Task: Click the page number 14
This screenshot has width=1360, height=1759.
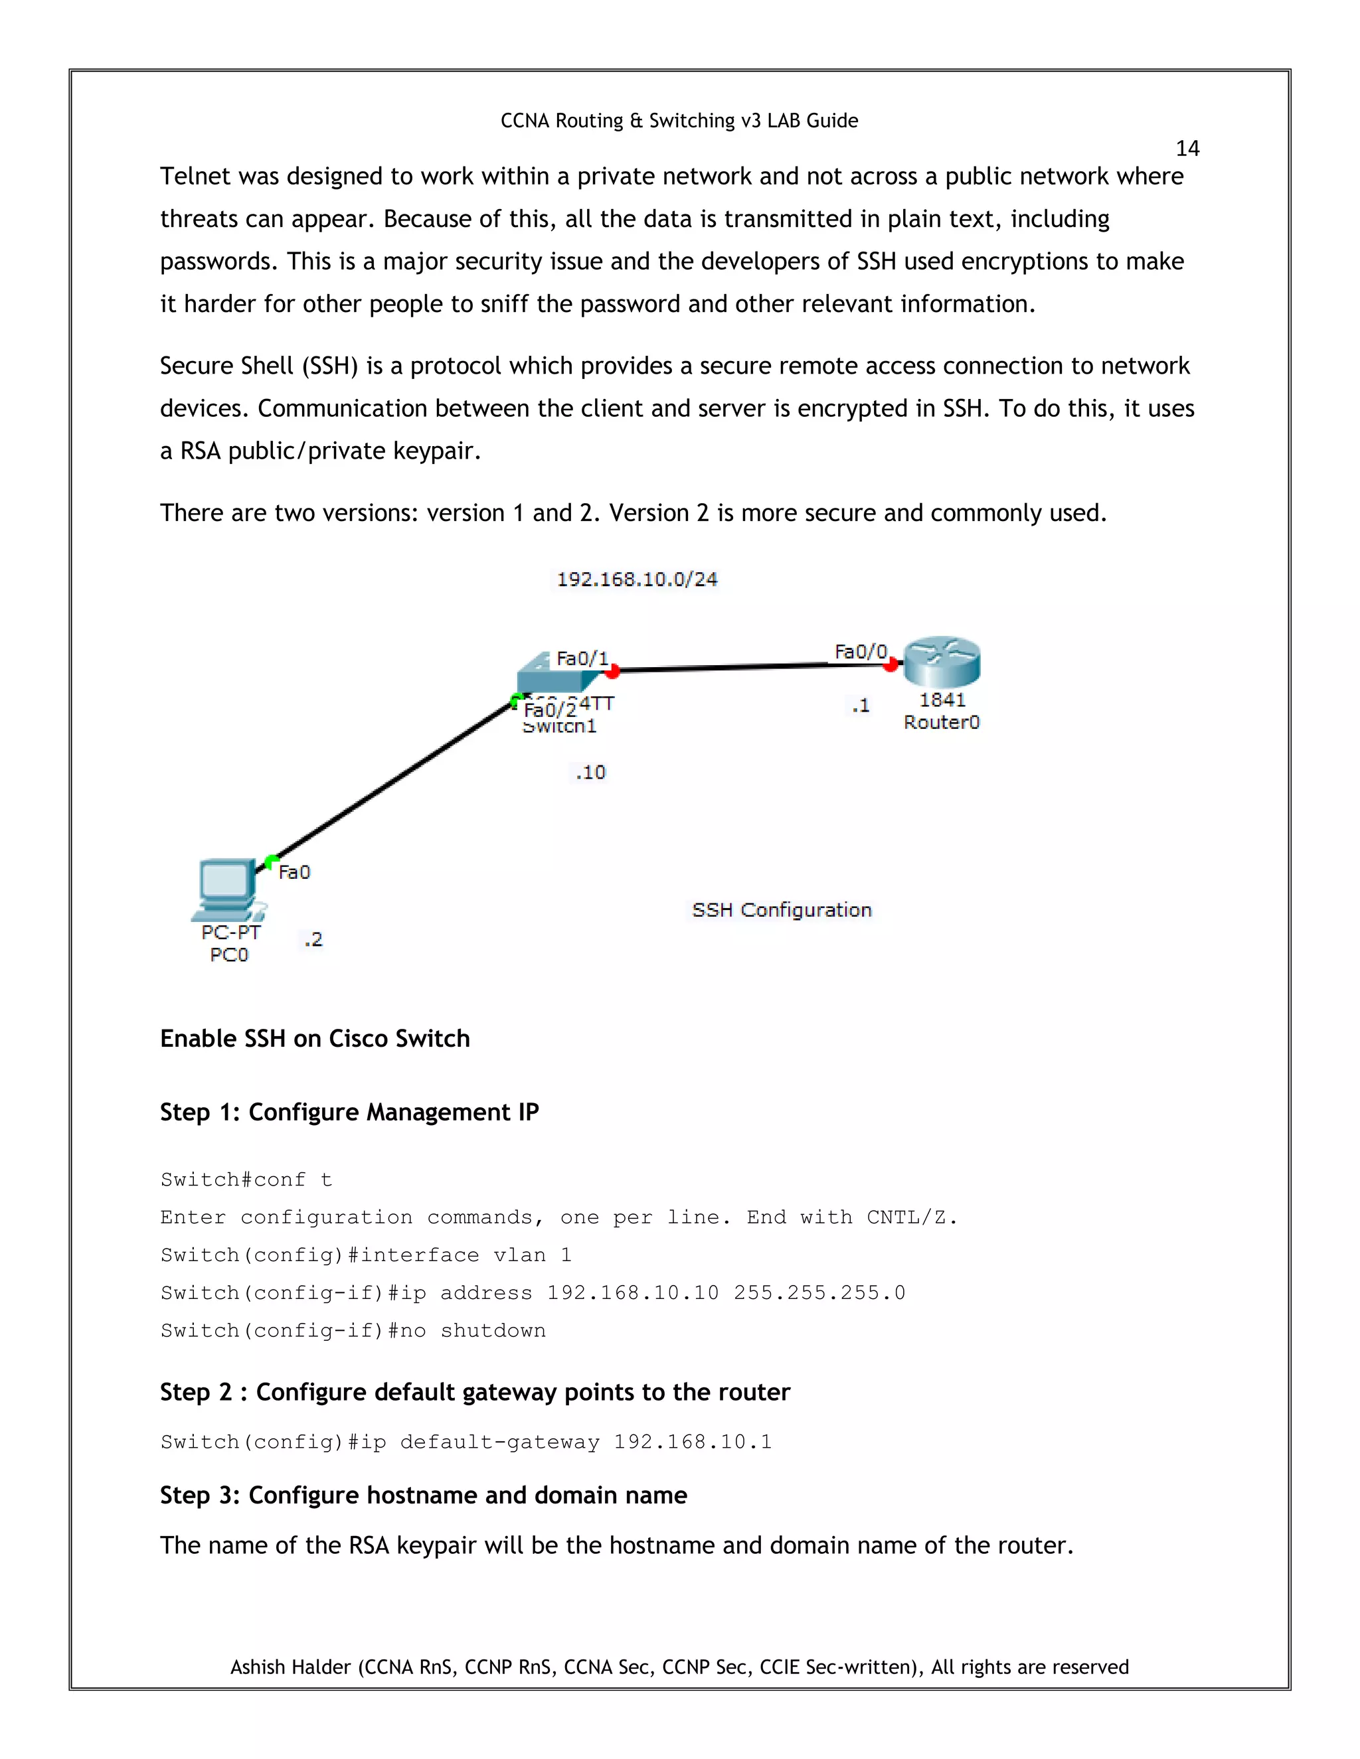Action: pos(1187,149)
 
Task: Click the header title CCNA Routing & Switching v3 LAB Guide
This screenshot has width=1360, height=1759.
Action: pos(679,121)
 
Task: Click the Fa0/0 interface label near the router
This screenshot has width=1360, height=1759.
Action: pos(860,652)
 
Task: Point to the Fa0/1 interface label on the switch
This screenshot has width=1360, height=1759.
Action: pos(582,659)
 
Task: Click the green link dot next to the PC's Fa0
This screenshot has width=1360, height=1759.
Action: pos(272,861)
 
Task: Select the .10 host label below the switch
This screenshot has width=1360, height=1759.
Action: pos(590,773)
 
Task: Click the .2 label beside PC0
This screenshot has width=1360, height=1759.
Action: pos(313,939)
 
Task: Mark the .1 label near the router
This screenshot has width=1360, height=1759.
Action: pos(861,706)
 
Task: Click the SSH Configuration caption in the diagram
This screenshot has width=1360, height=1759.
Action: pos(782,910)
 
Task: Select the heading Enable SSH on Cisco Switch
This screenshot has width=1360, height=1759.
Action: pos(314,1039)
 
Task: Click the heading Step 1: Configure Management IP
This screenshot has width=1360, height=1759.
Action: pos(349,1112)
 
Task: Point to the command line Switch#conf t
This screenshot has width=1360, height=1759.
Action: pos(246,1180)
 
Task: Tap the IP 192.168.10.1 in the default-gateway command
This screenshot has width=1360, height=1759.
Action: pos(692,1442)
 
